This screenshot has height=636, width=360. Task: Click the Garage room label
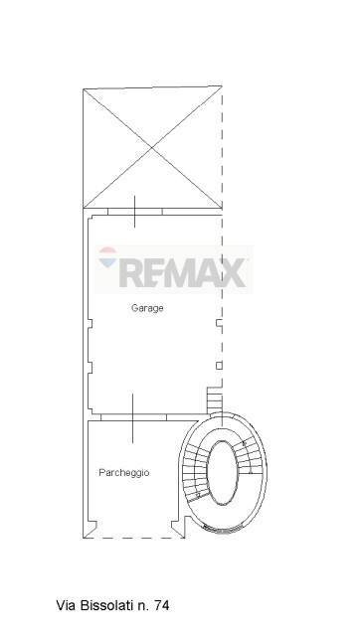tap(147, 308)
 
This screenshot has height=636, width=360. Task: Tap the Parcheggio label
tap(123, 473)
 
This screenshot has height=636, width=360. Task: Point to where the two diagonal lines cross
tap(151, 149)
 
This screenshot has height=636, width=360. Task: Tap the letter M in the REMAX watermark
tap(182, 270)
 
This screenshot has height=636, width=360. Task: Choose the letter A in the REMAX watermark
tap(209, 270)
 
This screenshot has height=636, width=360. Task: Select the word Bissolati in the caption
tap(106, 604)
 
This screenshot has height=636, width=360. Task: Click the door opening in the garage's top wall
tap(133, 212)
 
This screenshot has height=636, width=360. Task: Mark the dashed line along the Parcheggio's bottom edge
tap(134, 537)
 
